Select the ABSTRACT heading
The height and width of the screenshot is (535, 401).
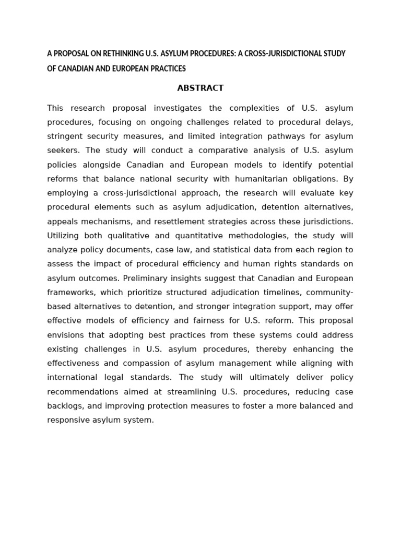200,88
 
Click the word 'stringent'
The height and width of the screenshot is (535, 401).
65,136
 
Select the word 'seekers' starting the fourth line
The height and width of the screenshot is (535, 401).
62,150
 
